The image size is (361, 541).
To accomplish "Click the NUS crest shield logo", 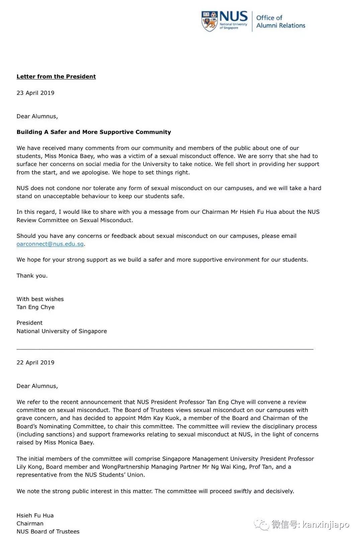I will click(209, 21).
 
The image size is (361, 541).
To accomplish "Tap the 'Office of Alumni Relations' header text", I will click(280, 21).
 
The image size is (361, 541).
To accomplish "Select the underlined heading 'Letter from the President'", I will click(56, 76).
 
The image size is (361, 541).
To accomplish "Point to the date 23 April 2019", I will click(35, 93).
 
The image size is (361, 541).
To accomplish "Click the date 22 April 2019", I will click(35, 362).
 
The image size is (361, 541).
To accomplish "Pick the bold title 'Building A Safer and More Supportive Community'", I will click(94, 132).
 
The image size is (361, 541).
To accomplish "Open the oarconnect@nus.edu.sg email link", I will click(50, 244).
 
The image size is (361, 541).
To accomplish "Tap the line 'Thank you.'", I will click(32, 276).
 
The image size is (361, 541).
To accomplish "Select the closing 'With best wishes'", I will click(40, 299).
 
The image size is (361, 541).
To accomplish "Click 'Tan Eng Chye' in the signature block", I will click(35, 307).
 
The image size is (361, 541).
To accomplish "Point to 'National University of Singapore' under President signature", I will click(62, 331).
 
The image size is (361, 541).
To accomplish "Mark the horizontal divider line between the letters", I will click(165, 349).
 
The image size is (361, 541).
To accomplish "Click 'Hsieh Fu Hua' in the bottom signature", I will click(35, 515).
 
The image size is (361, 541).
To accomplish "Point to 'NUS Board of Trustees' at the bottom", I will click(48, 531).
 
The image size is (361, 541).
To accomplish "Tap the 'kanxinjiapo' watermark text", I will click(326, 525).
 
